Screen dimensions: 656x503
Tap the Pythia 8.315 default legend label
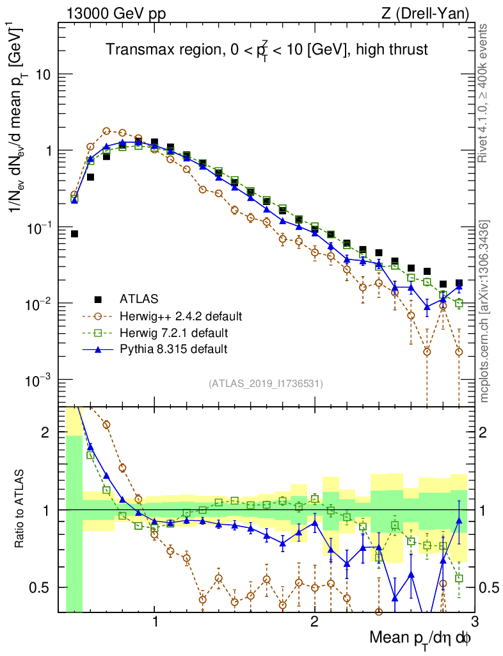173,349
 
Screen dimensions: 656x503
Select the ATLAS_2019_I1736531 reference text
266,384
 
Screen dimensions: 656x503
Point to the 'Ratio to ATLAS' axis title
20,509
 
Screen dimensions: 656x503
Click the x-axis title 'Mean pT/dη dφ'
421,637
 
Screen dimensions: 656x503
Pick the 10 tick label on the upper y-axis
43,75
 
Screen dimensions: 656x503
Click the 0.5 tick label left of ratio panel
41,587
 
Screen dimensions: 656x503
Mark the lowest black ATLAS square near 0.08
74,234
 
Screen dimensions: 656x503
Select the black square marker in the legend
98,299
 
